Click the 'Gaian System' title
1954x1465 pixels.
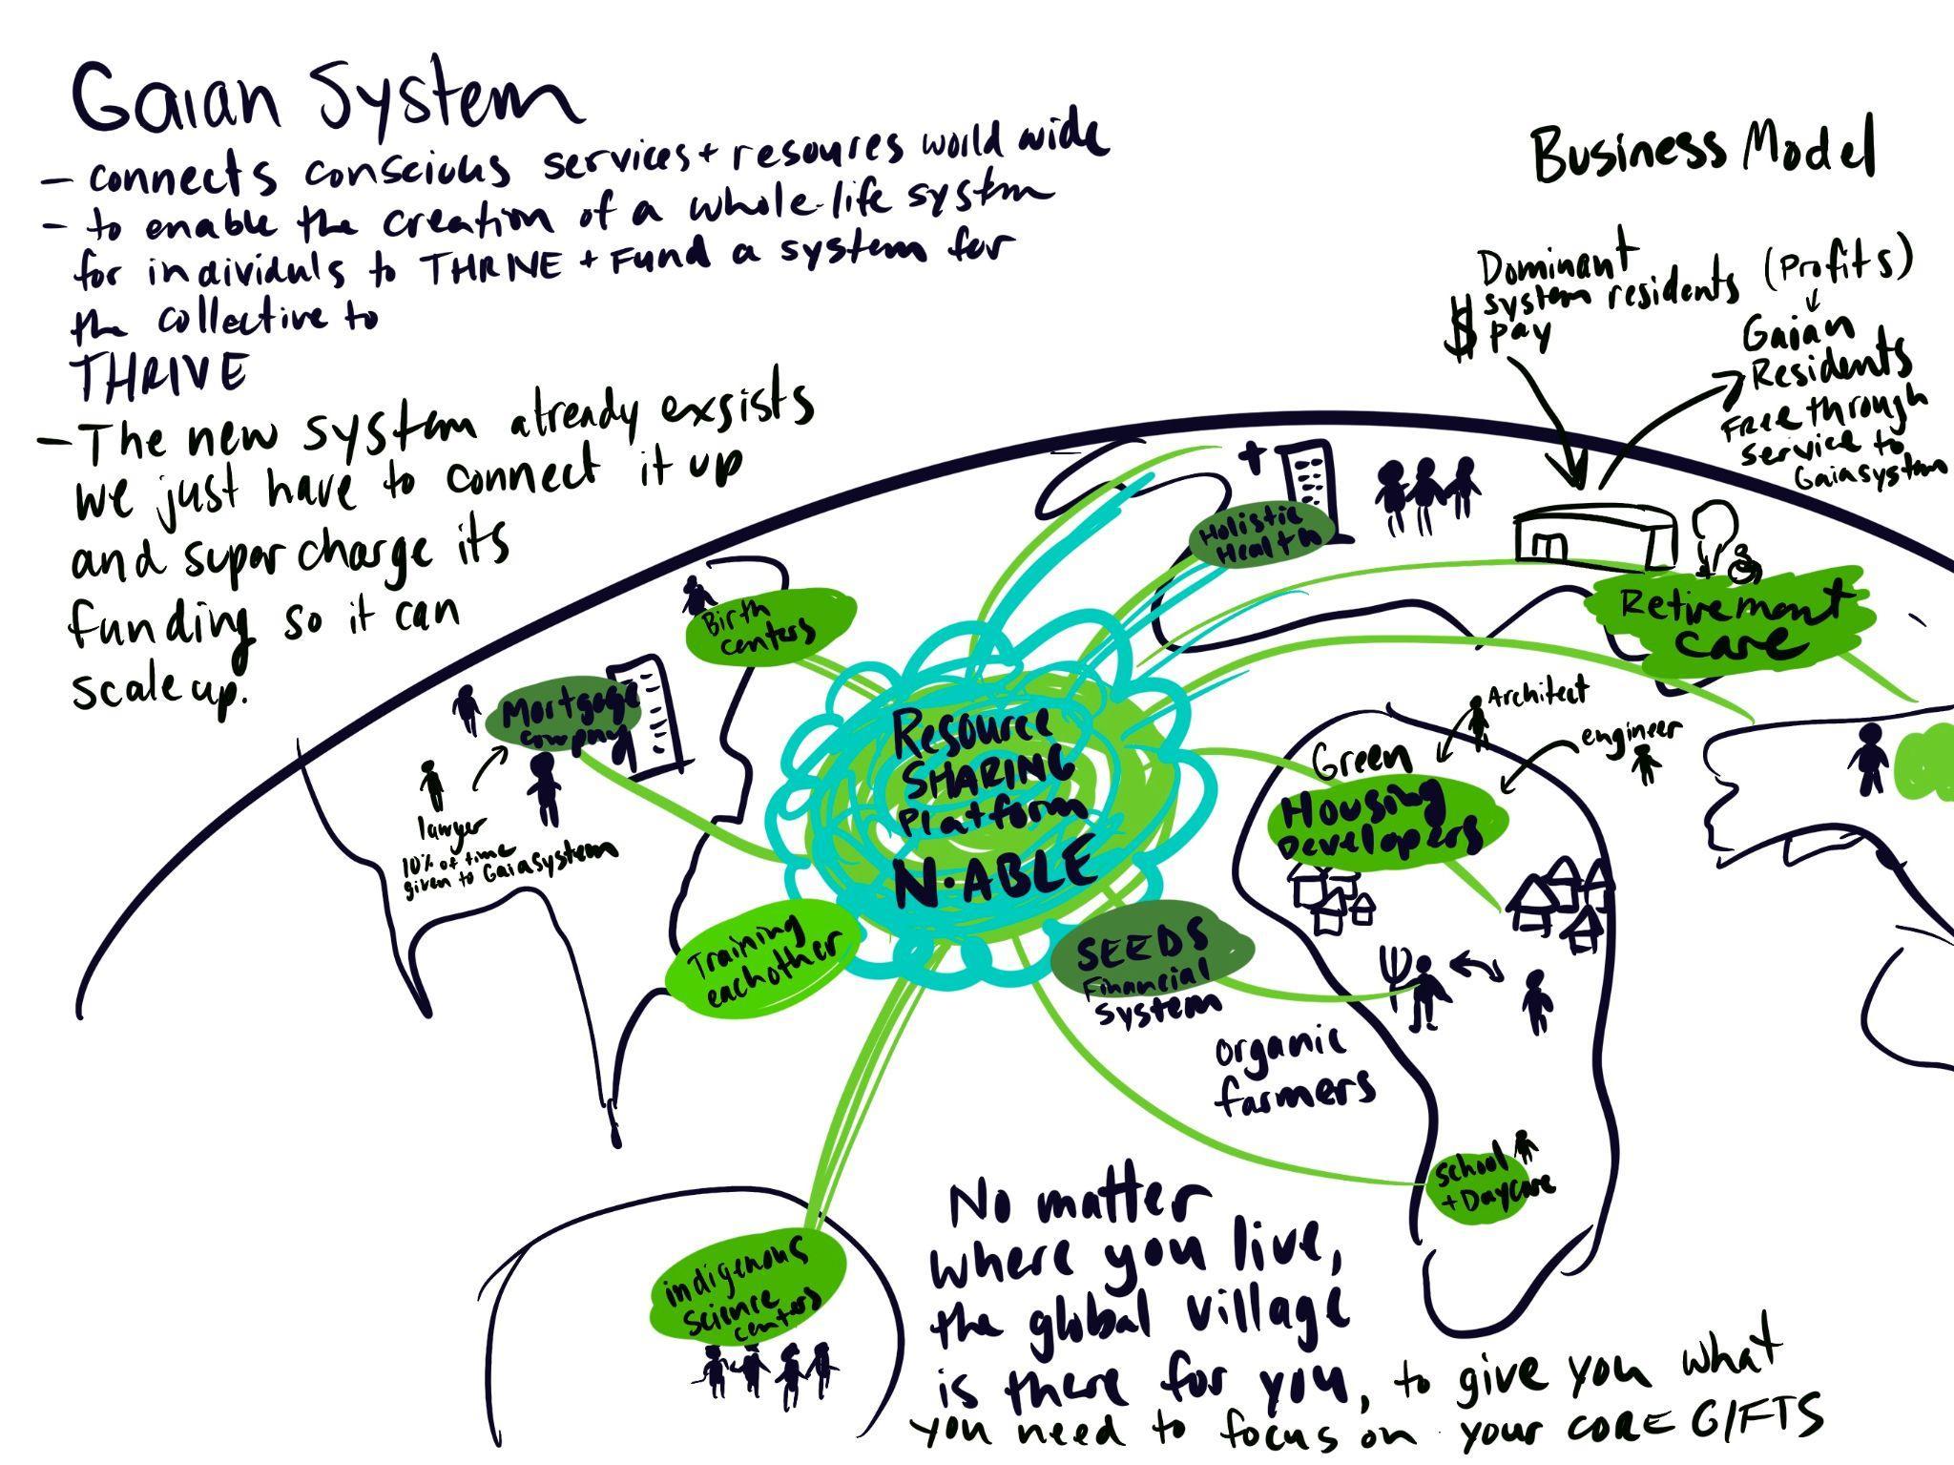pyautogui.click(x=324, y=100)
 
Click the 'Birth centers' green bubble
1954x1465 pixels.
pyautogui.click(x=768, y=625)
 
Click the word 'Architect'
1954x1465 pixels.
pyautogui.click(x=1536, y=692)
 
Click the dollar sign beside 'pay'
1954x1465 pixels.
pyautogui.click(x=1459, y=329)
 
